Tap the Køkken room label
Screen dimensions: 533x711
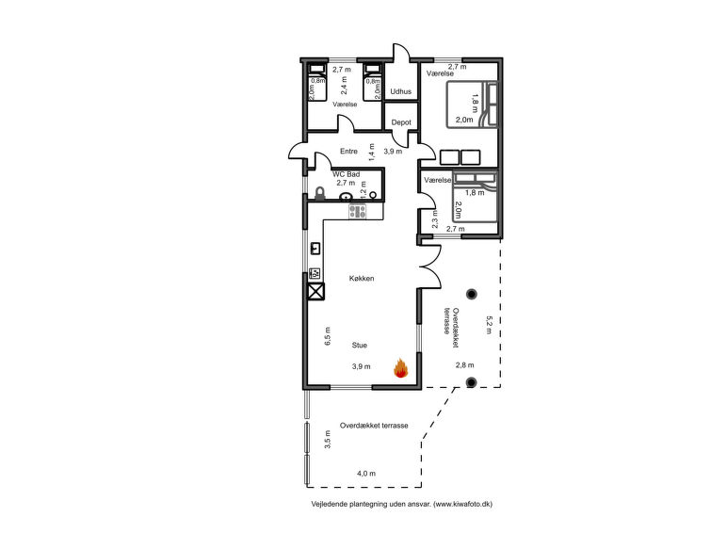(x=363, y=280)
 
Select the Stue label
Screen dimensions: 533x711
(x=360, y=346)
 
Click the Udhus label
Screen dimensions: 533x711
(x=400, y=91)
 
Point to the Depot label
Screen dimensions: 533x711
(x=400, y=122)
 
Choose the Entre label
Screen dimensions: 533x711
(x=349, y=151)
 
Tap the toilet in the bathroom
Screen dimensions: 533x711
(x=320, y=194)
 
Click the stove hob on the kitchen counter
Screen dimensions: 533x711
(x=358, y=211)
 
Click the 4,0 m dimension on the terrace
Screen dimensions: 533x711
(x=365, y=473)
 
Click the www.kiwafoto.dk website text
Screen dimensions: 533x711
(x=462, y=505)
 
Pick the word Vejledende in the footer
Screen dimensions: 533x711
(x=330, y=505)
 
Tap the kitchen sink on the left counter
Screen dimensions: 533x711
(x=315, y=249)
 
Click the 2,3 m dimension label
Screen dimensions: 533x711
(x=435, y=218)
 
